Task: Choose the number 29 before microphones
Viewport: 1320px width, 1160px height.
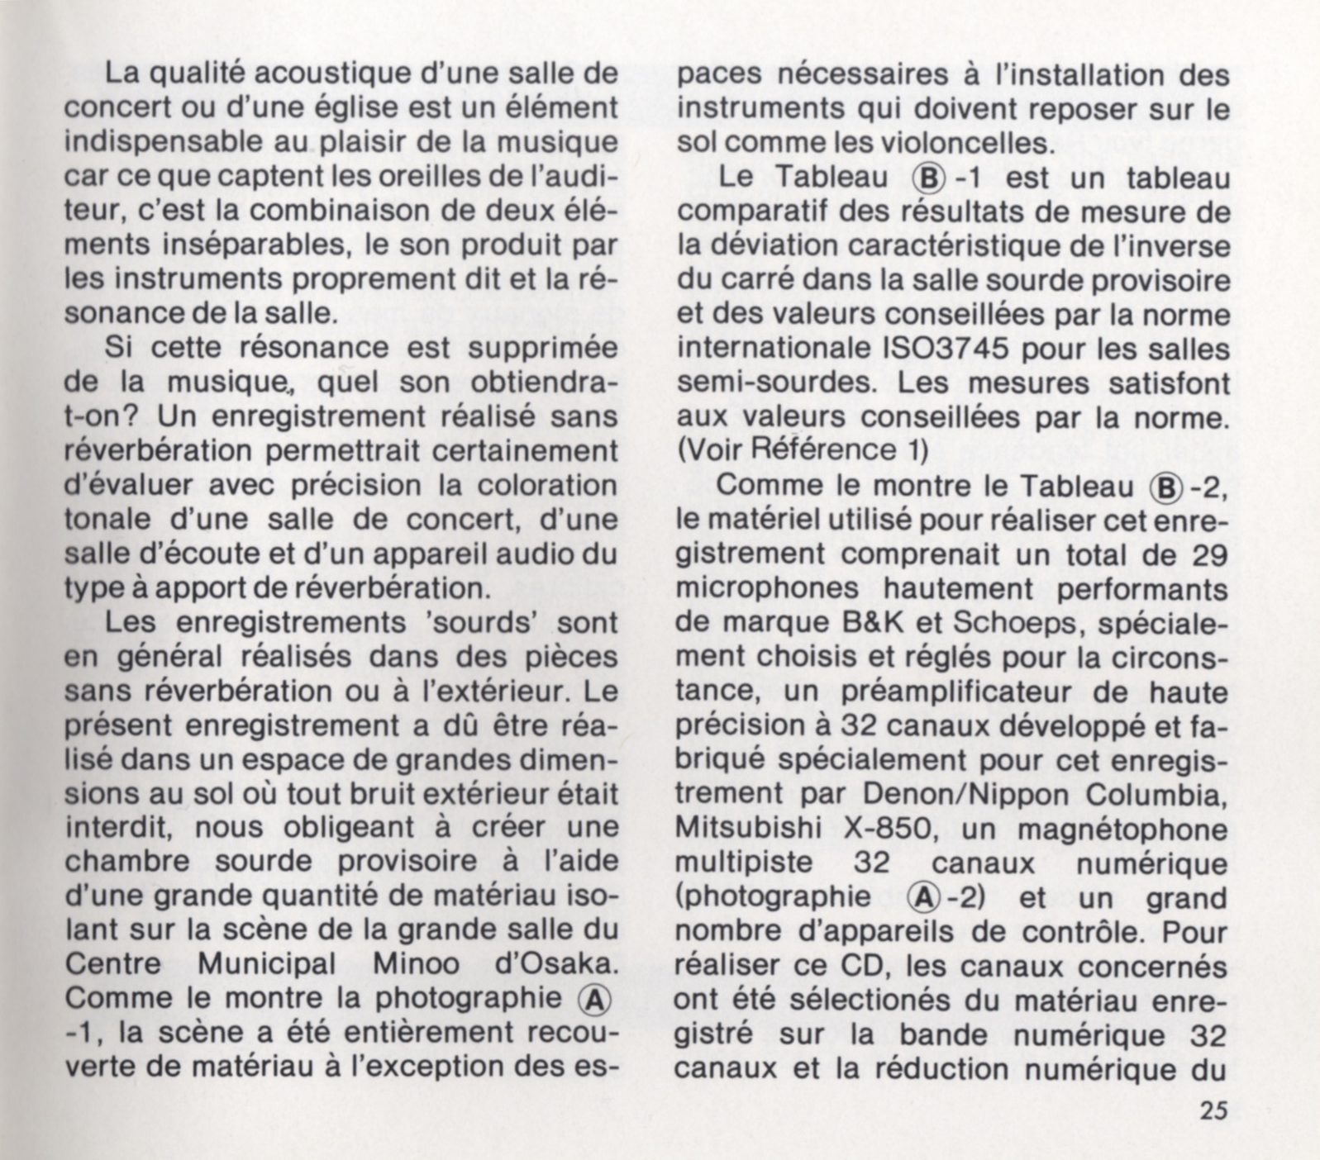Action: pos(1210,554)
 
